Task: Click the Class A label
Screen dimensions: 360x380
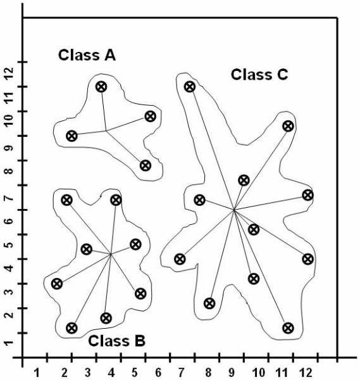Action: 87,55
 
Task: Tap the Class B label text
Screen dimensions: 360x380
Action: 116,341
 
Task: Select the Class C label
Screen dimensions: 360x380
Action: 259,74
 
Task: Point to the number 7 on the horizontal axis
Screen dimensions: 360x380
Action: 182,372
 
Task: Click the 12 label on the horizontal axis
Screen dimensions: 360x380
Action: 306,372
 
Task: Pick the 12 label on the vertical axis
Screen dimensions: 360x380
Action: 9,74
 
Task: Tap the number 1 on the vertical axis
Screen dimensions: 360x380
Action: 9,343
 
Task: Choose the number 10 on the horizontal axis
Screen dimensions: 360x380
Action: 259,372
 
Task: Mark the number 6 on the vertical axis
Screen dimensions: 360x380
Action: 9,221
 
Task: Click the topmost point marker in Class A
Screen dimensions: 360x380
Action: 101,87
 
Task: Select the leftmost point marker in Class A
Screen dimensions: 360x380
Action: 71,136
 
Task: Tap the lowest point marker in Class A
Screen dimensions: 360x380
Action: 146,165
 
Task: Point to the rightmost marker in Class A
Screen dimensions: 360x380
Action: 151,117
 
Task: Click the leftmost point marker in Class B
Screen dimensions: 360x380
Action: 57,284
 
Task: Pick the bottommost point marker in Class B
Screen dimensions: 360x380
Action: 71,328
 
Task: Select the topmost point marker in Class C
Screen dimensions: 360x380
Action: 190,87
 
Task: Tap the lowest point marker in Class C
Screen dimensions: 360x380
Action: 288,328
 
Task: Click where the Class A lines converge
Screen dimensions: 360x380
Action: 106,131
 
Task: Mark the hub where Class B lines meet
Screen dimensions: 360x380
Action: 111,254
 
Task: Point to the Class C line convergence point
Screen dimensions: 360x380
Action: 234,210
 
